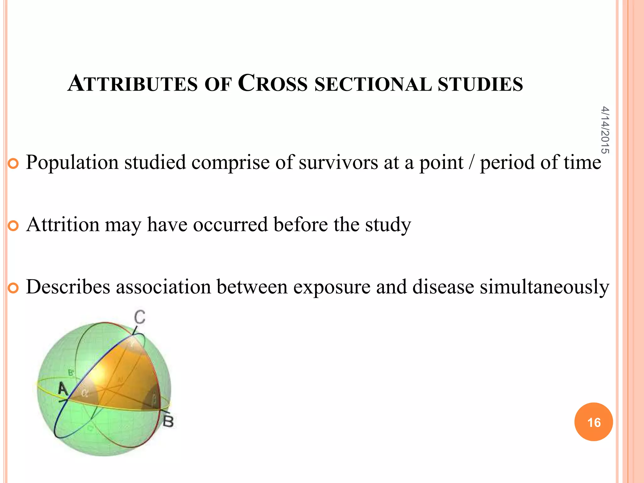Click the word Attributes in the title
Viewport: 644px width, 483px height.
[x=132, y=84]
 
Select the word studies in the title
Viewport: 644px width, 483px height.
[x=480, y=84]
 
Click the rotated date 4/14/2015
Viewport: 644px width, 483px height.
[x=605, y=130]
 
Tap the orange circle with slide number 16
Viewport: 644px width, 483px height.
[x=593, y=422]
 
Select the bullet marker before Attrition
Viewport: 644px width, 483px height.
[x=13, y=226]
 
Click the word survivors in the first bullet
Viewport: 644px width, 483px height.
[x=338, y=163]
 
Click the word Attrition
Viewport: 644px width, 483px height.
[x=63, y=225]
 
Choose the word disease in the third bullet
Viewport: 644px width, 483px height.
[x=443, y=287]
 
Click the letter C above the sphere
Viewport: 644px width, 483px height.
[x=140, y=317]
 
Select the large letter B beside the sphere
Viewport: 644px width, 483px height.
[x=168, y=421]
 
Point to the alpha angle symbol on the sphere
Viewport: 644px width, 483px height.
[x=84, y=393]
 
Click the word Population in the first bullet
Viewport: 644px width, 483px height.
[x=72, y=163]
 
